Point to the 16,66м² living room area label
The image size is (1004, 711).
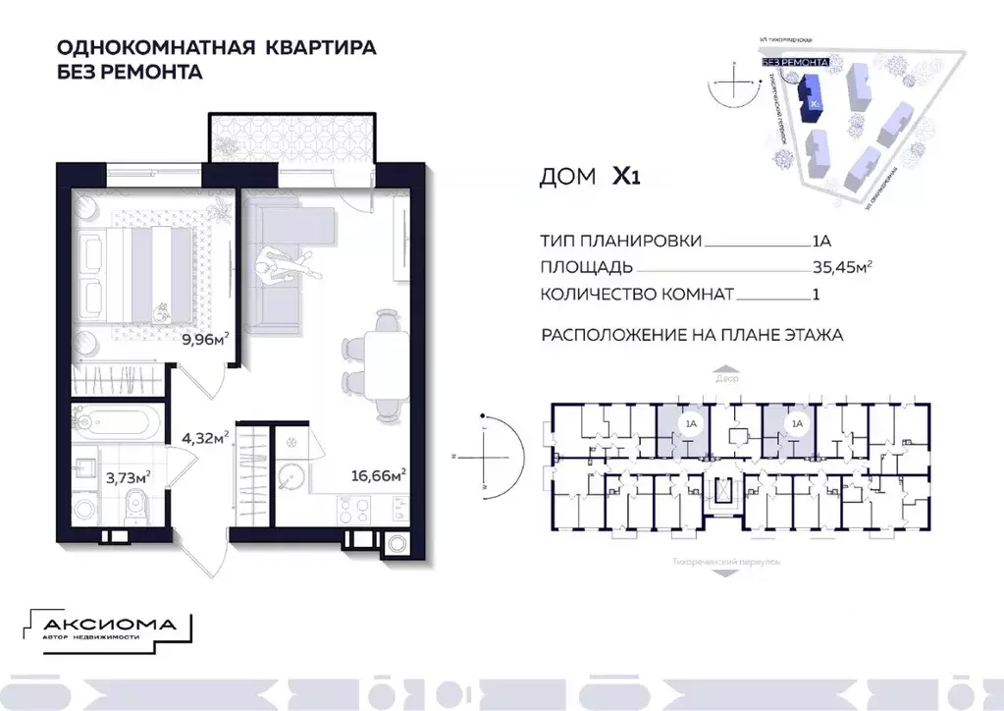(x=379, y=476)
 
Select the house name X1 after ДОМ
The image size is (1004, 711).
(x=627, y=177)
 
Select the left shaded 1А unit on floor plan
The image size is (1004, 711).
(x=677, y=426)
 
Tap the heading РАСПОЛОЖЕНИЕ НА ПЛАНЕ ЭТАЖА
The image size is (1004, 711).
(x=692, y=335)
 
